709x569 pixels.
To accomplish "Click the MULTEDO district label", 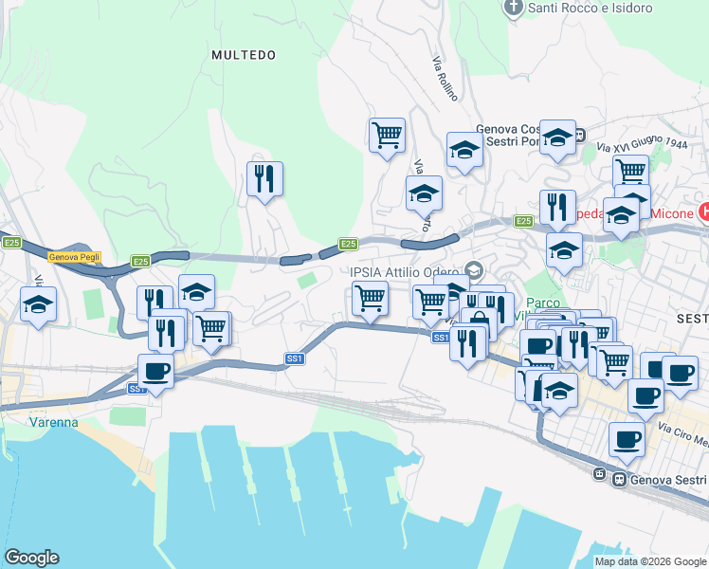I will (x=244, y=55).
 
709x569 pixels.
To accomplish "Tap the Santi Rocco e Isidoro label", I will (x=590, y=9).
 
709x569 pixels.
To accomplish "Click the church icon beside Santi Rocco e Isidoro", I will (x=514, y=8).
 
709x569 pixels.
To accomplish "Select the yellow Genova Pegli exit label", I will (x=75, y=257).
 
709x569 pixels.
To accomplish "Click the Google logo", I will (x=31, y=558).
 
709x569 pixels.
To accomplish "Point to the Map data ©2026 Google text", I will (x=649, y=561).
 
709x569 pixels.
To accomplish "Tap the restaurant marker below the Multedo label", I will (x=265, y=178).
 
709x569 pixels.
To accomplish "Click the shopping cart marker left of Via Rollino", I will (x=387, y=135).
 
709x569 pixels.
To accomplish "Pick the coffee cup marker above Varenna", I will (x=155, y=371).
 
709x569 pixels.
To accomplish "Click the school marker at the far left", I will (x=39, y=304).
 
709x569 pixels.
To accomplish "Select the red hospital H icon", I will (x=703, y=210).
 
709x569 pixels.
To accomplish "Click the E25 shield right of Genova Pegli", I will (x=140, y=261).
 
